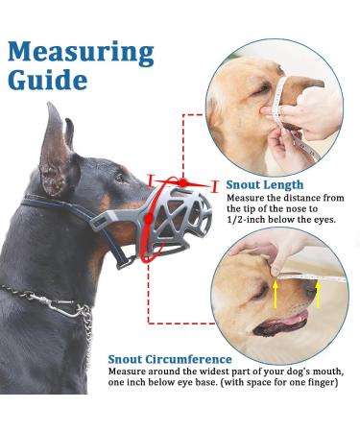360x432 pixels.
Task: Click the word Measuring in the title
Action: click(x=81, y=51)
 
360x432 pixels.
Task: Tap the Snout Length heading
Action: click(x=266, y=185)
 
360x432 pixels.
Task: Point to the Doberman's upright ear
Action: click(x=56, y=144)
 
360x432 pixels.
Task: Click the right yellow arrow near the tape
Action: click(x=318, y=291)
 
